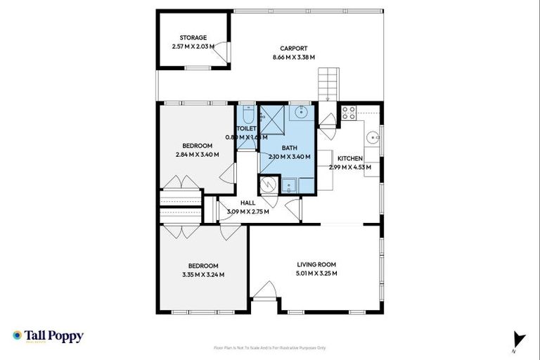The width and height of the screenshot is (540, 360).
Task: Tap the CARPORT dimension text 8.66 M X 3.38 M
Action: click(x=293, y=57)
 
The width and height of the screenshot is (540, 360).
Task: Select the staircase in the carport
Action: click(x=329, y=84)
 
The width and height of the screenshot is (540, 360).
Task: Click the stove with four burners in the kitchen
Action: click(x=348, y=112)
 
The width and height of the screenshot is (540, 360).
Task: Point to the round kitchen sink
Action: click(x=373, y=137)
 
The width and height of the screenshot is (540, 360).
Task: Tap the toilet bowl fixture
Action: click(x=247, y=115)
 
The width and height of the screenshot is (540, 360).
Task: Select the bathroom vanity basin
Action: click(x=302, y=112)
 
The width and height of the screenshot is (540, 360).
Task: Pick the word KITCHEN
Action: click(x=349, y=158)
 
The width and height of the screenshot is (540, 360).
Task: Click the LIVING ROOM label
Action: click(x=316, y=264)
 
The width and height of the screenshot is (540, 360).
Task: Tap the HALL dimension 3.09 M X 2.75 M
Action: click(x=247, y=211)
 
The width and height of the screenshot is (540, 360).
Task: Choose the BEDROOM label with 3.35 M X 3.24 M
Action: click(x=202, y=274)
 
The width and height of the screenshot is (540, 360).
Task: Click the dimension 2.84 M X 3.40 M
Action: click(x=198, y=155)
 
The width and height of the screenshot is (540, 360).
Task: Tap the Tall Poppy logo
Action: click(x=48, y=336)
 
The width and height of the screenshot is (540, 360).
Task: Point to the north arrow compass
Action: click(x=519, y=339)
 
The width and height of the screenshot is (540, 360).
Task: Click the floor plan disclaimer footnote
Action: click(x=269, y=347)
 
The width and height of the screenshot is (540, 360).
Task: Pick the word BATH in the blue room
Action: click(x=289, y=148)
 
